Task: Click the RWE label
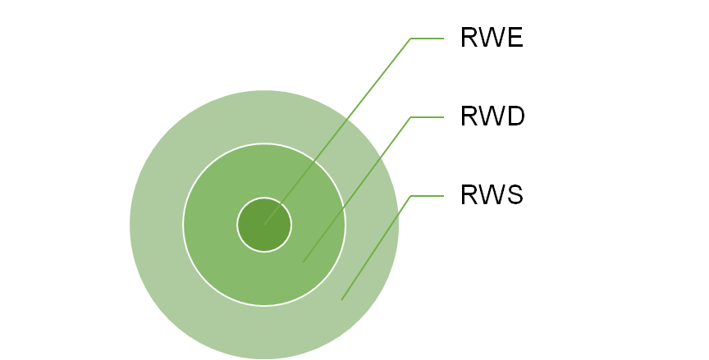pos(492,37)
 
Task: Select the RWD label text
pos(492,116)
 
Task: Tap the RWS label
pos(492,194)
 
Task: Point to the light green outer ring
pos(156,225)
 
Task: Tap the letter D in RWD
pos(516,116)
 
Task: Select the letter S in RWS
pos(515,194)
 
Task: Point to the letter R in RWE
pos(469,37)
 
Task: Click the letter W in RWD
pos(492,116)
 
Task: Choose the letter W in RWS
pos(492,194)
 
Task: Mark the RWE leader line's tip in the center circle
pos(264,225)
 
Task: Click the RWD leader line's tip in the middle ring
pos(303,262)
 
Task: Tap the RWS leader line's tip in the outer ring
pos(341,299)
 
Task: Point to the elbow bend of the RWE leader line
pos(410,39)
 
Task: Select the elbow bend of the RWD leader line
pos(410,117)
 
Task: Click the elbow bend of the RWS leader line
pos(410,196)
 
